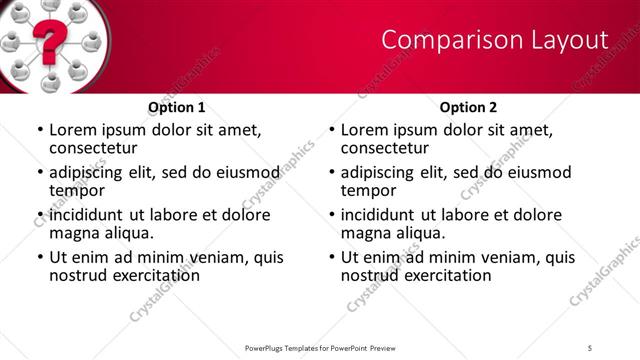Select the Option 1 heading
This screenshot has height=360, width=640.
177,107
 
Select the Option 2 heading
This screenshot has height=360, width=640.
469,107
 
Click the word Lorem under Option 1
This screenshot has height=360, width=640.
73,130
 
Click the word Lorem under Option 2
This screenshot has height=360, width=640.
365,130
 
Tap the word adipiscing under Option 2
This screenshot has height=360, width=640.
381,172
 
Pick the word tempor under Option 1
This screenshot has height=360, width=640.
77,190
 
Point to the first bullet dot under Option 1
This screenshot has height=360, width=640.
39,131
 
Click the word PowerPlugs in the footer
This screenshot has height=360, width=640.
268,347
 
